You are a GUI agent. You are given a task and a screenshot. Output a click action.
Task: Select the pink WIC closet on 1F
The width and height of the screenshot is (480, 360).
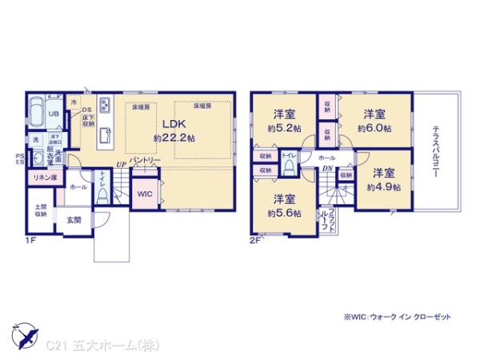point(144,193)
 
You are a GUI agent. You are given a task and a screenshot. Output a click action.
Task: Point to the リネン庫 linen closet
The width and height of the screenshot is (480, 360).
point(42,177)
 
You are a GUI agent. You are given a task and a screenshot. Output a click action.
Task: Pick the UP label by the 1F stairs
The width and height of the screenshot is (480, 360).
point(121,165)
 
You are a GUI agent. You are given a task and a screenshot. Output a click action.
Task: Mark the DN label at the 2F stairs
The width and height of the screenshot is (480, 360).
point(327,169)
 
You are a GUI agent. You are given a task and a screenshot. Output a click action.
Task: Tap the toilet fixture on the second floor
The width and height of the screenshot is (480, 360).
point(290,166)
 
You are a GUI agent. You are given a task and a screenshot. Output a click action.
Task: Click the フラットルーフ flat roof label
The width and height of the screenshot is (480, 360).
point(322,217)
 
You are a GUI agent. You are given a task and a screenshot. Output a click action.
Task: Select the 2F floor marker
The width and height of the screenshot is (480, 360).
point(255,238)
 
